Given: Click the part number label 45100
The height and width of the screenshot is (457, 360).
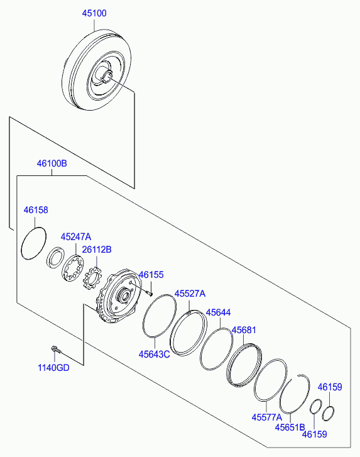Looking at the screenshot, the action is tap(94, 13).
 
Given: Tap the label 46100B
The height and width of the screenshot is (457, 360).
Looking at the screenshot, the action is tap(52, 163).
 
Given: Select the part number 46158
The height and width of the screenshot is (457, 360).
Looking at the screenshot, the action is tap(36, 210).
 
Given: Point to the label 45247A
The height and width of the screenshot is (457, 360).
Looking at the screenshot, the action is tap(76, 236).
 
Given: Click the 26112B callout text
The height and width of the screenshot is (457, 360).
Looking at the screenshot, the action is tap(97, 250).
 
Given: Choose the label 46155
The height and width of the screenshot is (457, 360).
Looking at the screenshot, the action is tap(151, 275).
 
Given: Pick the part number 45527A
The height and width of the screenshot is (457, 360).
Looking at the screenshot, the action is tap(190, 294).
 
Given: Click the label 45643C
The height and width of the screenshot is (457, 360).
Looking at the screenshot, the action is tap(154, 355).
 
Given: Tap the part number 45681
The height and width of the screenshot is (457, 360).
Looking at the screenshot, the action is tap(244, 330).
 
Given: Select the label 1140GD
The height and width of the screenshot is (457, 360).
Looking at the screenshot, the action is tap(53, 368).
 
